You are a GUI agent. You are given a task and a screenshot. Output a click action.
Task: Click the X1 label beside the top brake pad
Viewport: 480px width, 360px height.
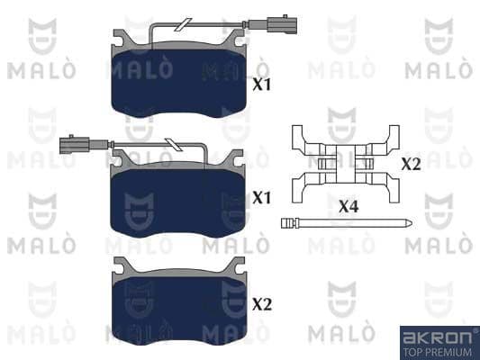click(261, 85)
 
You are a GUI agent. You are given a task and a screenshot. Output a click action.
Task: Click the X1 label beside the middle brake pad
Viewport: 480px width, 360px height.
click(261, 197)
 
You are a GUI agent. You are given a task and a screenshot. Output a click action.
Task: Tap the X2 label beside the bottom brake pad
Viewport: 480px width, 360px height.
click(261, 305)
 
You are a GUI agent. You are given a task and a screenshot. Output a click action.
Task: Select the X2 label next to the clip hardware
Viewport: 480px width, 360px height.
click(411, 165)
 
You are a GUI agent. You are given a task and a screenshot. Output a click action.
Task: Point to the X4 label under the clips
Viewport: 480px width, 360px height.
click(349, 206)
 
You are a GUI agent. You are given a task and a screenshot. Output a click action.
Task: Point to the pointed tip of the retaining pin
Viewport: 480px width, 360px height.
click(410, 223)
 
